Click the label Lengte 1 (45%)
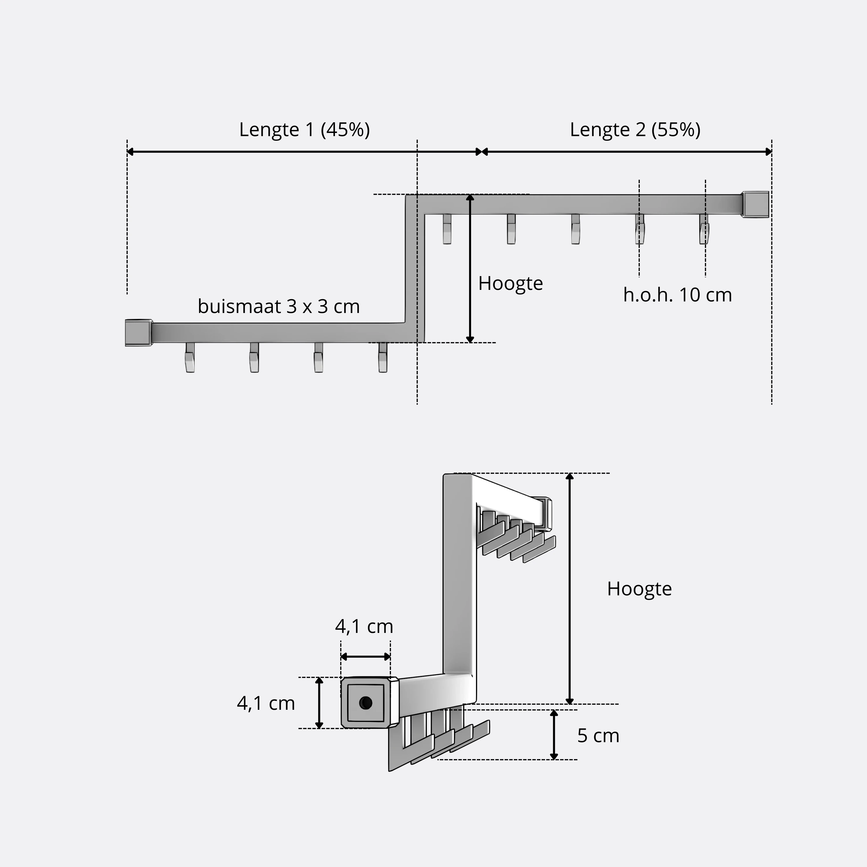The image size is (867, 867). click(304, 130)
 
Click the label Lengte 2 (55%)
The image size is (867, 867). click(635, 130)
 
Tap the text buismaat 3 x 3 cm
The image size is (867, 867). click(279, 307)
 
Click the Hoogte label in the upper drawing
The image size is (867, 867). click(511, 284)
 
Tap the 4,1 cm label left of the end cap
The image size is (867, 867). click(266, 703)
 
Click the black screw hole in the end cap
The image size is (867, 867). click(366, 703)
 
